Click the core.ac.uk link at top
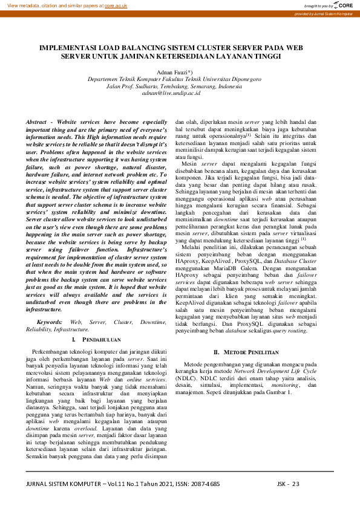point(116,5)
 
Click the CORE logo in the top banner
point(341,5)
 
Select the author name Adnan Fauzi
point(172,71)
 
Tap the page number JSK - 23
point(288,484)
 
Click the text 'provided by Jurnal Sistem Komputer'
point(324,13)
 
